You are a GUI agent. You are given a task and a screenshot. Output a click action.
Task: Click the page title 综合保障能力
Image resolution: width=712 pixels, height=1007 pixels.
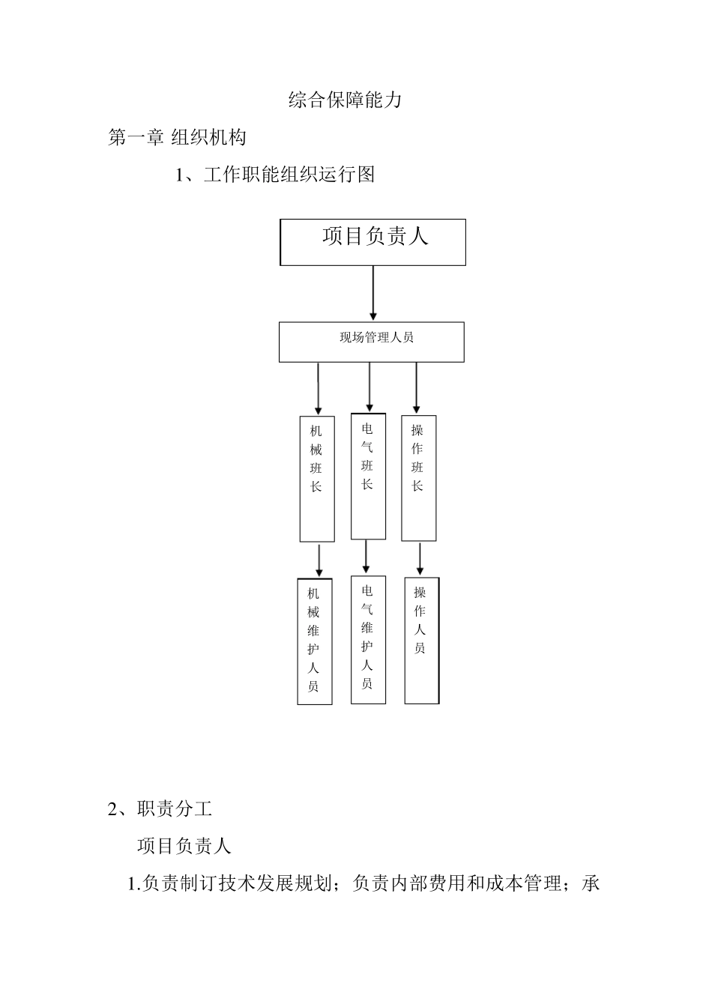[x=345, y=100]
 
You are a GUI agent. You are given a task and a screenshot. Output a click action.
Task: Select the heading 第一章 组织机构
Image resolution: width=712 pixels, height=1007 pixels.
[x=177, y=137]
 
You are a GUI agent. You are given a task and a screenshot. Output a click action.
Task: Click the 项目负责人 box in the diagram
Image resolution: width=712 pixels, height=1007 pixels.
[x=373, y=242]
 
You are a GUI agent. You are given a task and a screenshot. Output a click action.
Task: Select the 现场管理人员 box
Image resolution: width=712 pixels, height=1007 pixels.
[x=372, y=342]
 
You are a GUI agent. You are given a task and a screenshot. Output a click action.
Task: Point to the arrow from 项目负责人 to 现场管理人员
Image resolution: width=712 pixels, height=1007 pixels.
[x=373, y=293]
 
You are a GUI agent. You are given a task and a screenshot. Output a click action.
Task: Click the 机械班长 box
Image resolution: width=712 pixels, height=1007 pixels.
[x=317, y=478]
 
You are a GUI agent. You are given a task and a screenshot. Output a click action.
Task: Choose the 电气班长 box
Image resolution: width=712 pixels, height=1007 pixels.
[x=368, y=476]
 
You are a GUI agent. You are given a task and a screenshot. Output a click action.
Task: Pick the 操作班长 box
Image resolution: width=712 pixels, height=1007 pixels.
[x=418, y=477]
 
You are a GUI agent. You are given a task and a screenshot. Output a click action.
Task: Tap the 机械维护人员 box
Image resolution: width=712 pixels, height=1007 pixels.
[x=314, y=641]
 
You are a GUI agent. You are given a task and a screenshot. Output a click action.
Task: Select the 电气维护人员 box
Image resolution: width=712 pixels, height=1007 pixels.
[x=368, y=639]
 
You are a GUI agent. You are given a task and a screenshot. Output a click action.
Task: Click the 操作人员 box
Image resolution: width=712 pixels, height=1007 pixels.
[x=421, y=640]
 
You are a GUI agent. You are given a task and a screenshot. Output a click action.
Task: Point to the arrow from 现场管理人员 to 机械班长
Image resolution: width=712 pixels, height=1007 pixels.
[x=319, y=388]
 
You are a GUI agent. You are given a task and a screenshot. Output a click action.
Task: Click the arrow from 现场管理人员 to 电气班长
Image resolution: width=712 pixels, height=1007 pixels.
[x=369, y=387]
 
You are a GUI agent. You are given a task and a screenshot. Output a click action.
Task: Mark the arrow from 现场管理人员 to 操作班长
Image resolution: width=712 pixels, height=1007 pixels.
[x=417, y=388]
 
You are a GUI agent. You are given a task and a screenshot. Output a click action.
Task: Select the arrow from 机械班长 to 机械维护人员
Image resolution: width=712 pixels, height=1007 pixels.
[x=319, y=560]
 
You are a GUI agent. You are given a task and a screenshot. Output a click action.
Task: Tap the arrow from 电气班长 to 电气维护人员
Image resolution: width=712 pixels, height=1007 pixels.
[x=366, y=557]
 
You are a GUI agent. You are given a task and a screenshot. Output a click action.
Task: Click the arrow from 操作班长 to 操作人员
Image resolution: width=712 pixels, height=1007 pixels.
[x=420, y=559]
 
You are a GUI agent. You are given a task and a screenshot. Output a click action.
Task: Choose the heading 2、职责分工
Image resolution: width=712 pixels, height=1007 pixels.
[x=160, y=808]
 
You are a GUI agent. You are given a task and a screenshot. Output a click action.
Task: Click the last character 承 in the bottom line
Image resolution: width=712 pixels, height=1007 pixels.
[x=591, y=884]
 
